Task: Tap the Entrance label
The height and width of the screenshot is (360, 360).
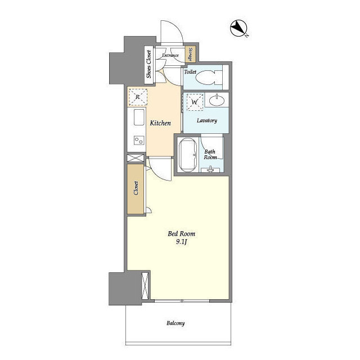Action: pos(170,55)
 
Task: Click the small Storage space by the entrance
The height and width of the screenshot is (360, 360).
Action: pos(191,55)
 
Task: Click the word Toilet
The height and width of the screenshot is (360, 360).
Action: pos(190,73)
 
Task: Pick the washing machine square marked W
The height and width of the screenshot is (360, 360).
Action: pos(195,103)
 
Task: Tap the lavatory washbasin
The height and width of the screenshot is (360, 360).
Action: pos(216,101)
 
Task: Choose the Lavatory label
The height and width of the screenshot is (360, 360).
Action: pos(207,121)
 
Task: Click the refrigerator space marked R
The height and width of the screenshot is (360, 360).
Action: pos(137,97)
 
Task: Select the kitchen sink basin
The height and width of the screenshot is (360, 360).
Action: pos(137,118)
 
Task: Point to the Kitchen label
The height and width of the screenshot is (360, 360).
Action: pos(160,123)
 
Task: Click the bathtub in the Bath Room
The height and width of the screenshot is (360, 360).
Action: pos(187,155)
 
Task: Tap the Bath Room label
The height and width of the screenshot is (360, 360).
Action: pos(210,154)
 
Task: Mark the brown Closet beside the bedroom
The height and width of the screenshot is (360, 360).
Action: pos(136,188)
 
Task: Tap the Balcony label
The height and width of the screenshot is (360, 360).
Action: pos(176,323)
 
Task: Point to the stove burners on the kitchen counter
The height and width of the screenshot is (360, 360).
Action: pos(137,140)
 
